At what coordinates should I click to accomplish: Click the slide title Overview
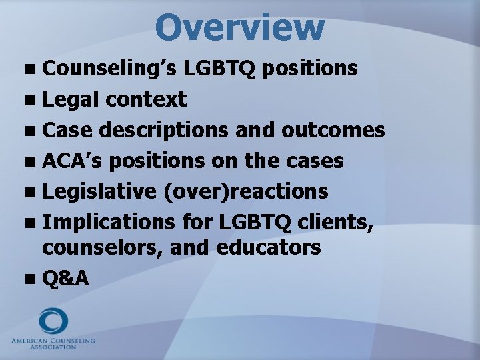[240, 27]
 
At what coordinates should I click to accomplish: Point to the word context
[145, 100]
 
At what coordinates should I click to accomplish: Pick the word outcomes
[333, 130]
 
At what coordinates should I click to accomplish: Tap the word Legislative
[99, 191]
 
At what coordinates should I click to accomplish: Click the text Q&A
[65, 279]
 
